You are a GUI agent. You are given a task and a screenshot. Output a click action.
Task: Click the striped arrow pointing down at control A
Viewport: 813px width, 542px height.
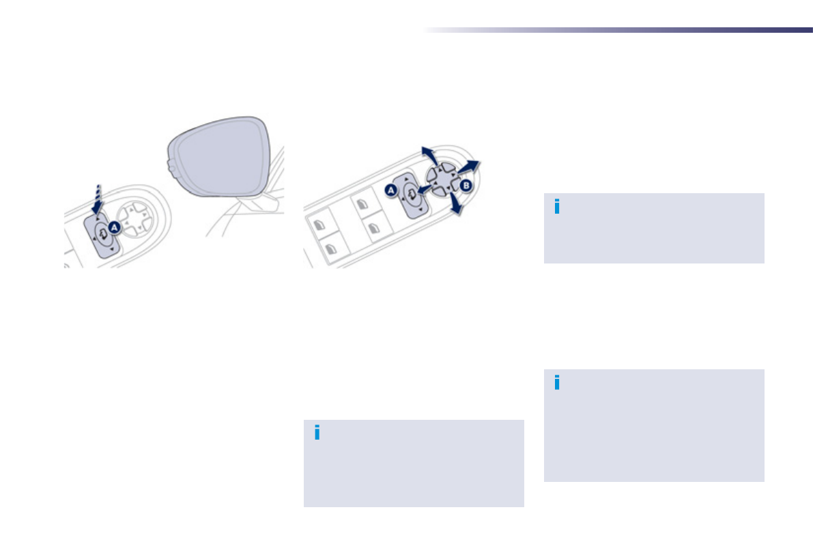99,197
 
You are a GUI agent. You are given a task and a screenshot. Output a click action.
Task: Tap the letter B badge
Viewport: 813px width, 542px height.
466,185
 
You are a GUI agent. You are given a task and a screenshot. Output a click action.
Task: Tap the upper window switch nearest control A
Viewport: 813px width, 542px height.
362,205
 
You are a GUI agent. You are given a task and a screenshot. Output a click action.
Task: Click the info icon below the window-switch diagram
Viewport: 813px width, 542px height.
317,433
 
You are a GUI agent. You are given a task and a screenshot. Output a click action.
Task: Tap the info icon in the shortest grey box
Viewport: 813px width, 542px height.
557,207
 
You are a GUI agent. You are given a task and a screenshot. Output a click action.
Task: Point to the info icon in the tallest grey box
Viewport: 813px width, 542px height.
557,383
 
